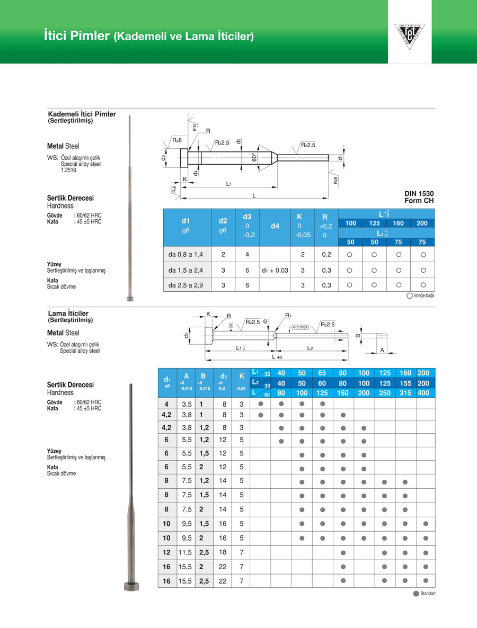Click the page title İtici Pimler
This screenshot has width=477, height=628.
pyautogui.click(x=77, y=37)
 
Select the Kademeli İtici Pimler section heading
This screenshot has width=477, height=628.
pyautogui.click(x=82, y=114)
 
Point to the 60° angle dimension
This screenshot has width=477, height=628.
pyautogui.click(x=254, y=157)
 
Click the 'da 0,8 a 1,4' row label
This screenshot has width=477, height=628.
pyautogui.click(x=182, y=255)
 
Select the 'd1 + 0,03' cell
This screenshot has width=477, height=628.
pyautogui.click(x=275, y=270)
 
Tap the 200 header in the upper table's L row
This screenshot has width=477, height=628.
pyautogui.click(x=422, y=223)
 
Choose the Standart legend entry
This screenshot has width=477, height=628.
pyautogui.click(x=427, y=594)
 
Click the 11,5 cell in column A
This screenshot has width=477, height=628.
pyautogui.click(x=186, y=552)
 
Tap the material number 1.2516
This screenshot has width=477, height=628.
pyautogui.click(x=67, y=171)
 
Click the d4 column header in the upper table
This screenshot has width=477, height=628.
pyautogui.click(x=275, y=227)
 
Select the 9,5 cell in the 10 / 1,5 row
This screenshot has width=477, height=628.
pyautogui.click(x=186, y=524)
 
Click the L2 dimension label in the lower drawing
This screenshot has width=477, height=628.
pyautogui.click(x=310, y=347)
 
